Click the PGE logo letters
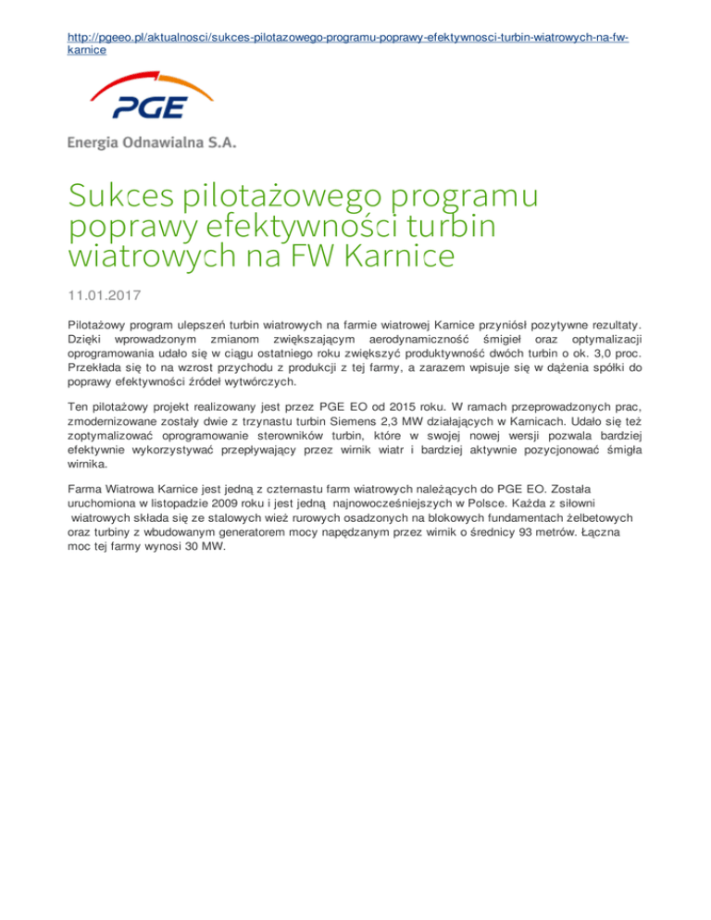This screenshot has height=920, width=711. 151,110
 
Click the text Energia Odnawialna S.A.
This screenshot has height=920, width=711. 152,143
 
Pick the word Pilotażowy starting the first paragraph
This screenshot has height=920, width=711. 100,326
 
